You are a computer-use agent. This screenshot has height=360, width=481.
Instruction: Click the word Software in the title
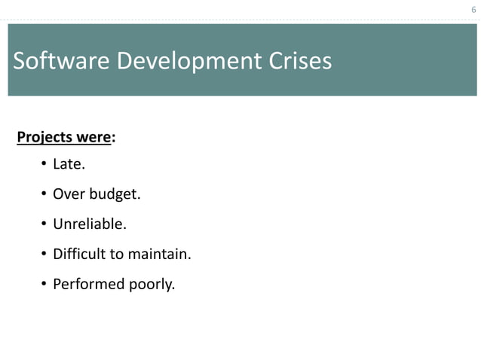(60, 61)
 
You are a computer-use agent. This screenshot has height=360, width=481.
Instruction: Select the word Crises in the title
(297, 61)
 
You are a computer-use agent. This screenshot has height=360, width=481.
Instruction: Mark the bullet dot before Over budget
(44, 194)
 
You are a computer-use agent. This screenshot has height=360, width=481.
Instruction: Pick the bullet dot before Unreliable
(44, 224)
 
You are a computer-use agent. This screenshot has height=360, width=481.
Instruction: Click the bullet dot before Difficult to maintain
(44, 255)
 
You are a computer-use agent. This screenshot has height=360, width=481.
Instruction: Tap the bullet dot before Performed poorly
(44, 285)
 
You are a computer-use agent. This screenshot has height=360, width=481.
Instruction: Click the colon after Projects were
(113, 139)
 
